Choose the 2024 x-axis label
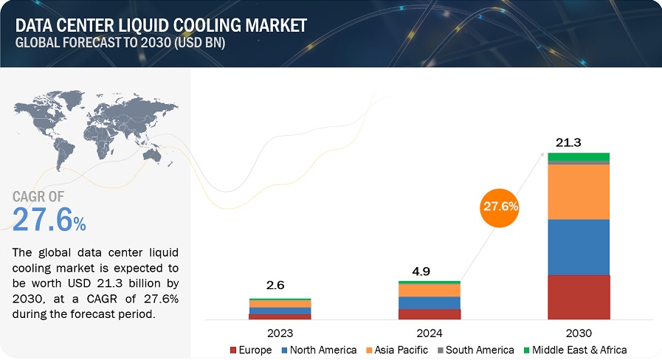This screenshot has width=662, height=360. click(429, 333)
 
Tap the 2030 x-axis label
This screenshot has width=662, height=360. click(579, 333)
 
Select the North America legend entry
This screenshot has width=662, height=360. click(318, 350)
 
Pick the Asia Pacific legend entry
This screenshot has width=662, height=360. click(399, 350)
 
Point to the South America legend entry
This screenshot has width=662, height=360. click(475, 350)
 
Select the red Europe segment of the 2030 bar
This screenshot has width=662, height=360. click(579, 297)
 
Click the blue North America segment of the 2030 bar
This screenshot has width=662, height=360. click(579, 247)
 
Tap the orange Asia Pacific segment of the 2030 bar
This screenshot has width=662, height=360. click(579, 192)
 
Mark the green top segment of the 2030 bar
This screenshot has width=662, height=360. click(579, 156)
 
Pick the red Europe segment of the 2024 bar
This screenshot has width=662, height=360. click(429, 314)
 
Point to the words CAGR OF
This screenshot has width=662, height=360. click(39, 196)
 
